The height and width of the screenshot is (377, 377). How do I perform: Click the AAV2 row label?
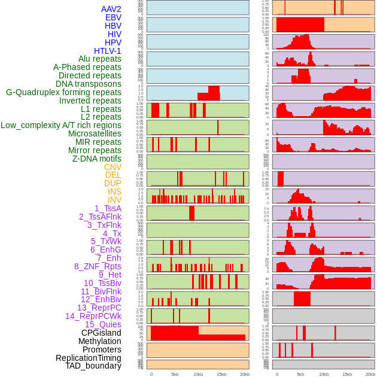pyautogui.click(x=111, y=9)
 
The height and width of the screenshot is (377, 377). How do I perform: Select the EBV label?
pyautogui.click(x=113, y=17)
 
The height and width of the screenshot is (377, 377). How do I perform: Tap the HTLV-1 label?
pyautogui.click(x=108, y=51)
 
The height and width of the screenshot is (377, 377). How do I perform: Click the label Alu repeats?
pyautogui.click(x=100, y=59)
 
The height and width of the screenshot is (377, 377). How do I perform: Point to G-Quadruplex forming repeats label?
pyautogui.click(x=63, y=92)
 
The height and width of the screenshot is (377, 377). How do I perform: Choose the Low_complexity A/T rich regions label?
pyautogui.click(x=61, y=125)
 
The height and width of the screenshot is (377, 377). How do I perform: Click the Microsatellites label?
pyautogui.click(x=95, y=133)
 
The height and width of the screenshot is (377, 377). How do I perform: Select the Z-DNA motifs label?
pyautogui.click(x=97, y=159)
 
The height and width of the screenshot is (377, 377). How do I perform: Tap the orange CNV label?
pyautogui.click(x=113, y=167)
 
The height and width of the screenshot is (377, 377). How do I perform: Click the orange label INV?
pyautogui.click(x=114, y=200)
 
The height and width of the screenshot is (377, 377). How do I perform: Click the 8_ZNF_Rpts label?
pyautogui.click(x=98, y=266)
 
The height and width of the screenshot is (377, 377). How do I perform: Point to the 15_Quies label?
pyautogui.click(x=103, y=324)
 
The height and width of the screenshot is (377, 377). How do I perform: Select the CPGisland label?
pyautogui.click(x=101, y=333)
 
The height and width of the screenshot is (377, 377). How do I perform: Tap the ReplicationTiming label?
pyautogui.click(x=89, y=358)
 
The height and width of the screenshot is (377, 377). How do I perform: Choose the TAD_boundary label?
pyautogui.click(x=93, y=366)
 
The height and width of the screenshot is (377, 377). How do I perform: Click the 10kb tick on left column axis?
pyautogui.click(x=197, y=374)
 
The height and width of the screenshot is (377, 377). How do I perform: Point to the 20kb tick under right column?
pyautogui.click(x=370, y=374)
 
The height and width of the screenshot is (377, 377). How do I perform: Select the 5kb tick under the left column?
pyautogui.click(x=175, y=374)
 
